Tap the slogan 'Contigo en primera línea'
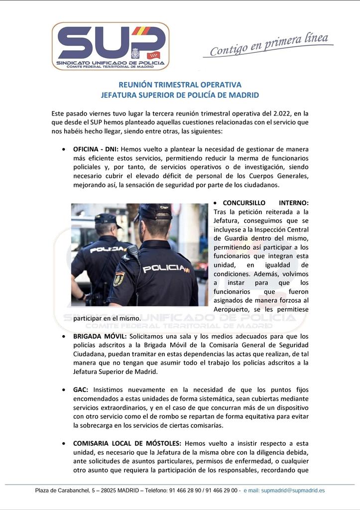coord(268,45)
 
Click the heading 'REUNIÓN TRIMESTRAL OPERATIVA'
coord(180,85)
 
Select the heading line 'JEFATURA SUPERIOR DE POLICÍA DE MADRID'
coord(180,95)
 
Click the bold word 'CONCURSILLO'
coord(245,203)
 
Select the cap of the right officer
coord(154,211)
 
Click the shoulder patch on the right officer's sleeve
coord(119,279)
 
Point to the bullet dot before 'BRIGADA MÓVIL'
coord(63,337)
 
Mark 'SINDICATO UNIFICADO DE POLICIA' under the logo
coord(110,63)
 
